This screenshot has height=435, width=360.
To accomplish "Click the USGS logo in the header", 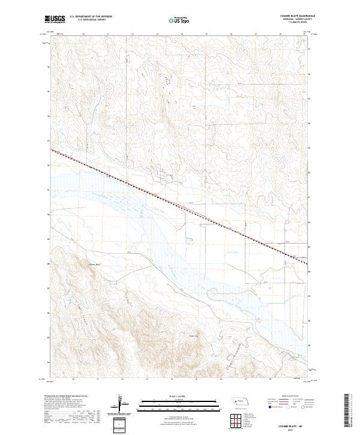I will click(x=55, y=19).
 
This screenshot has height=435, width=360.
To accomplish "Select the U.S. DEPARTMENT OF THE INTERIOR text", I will click(x=91, y=17).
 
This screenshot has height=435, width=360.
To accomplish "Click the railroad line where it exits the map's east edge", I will click(x=307, y=263).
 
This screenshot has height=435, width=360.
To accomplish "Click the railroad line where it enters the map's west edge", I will click(x=52, y=150).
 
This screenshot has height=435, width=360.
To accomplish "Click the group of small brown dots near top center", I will click(x=167, y=78).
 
